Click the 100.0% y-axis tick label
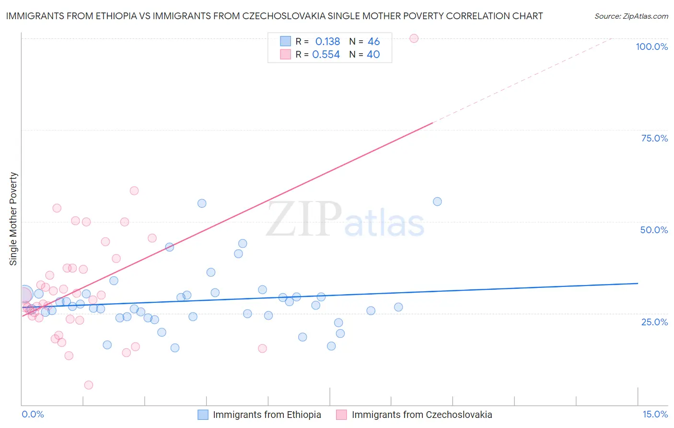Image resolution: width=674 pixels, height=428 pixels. (651, 47)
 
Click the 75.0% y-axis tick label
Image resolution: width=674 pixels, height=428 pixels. (654, 138)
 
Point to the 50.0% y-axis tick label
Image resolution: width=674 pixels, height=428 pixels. (654, 230)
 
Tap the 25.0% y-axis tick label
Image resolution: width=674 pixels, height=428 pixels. (654, 322)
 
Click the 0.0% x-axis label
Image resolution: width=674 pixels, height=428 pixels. (33, 414)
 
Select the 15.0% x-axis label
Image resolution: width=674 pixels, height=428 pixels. (655, 414)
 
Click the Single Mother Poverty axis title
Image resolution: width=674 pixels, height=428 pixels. (13, 219)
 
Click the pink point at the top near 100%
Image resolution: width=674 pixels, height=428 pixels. (414, 38)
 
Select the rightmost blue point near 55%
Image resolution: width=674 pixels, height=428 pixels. (437, 202)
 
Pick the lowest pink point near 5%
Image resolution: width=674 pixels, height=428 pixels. (89, 385)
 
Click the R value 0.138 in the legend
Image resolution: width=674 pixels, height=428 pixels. (327, 42)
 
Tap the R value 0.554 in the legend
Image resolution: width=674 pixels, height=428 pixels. (326, 55)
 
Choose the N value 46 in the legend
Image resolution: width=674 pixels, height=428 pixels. (373, 42)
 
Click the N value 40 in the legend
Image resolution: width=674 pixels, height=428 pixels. (373, 55)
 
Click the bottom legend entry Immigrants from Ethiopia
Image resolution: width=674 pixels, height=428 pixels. (267, 415)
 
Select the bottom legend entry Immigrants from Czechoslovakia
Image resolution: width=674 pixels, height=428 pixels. (421, 415)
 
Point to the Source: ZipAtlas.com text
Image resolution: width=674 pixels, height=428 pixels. (631, 16)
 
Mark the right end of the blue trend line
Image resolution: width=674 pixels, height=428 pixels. (638, 284)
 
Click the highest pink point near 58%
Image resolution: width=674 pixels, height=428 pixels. (134, 191)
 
